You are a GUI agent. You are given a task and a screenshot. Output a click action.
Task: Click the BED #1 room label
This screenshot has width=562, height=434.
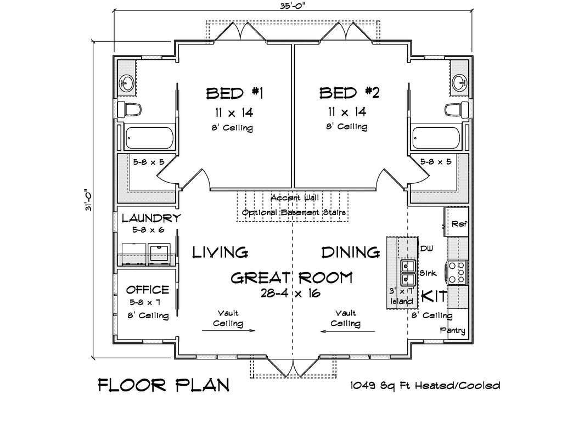235,93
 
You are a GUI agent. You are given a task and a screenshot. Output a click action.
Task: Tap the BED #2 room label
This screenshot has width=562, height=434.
349,93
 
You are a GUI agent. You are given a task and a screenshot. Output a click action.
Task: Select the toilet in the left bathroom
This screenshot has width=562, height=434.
130,109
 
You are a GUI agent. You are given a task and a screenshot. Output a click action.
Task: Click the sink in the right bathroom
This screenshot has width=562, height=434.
459,82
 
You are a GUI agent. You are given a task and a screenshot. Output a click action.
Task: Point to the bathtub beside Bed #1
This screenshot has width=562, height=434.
149,138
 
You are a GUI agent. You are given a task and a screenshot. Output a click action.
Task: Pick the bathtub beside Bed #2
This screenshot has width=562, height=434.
436,138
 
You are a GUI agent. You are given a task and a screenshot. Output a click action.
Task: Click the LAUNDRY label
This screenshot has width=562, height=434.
151,218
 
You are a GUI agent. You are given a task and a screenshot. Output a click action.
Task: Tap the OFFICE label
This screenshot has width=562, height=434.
147,290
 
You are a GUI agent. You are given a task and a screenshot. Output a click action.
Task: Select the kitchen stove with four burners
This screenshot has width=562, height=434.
456,273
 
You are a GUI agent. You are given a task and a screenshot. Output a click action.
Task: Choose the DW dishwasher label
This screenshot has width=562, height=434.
426,249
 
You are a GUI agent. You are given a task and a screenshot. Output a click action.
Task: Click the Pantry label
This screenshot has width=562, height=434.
453,330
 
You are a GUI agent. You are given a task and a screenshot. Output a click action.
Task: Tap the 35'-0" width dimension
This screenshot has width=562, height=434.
293,5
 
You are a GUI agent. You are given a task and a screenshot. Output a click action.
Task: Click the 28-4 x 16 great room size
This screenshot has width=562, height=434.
291,293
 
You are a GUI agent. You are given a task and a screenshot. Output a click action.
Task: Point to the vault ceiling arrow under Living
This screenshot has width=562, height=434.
228,330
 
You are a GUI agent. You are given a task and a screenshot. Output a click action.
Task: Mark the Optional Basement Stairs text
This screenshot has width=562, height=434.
294,212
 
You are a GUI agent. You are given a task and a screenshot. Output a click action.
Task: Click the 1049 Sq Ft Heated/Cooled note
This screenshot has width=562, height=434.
425,386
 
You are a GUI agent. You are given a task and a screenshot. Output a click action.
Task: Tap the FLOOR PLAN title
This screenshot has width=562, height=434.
164,385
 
